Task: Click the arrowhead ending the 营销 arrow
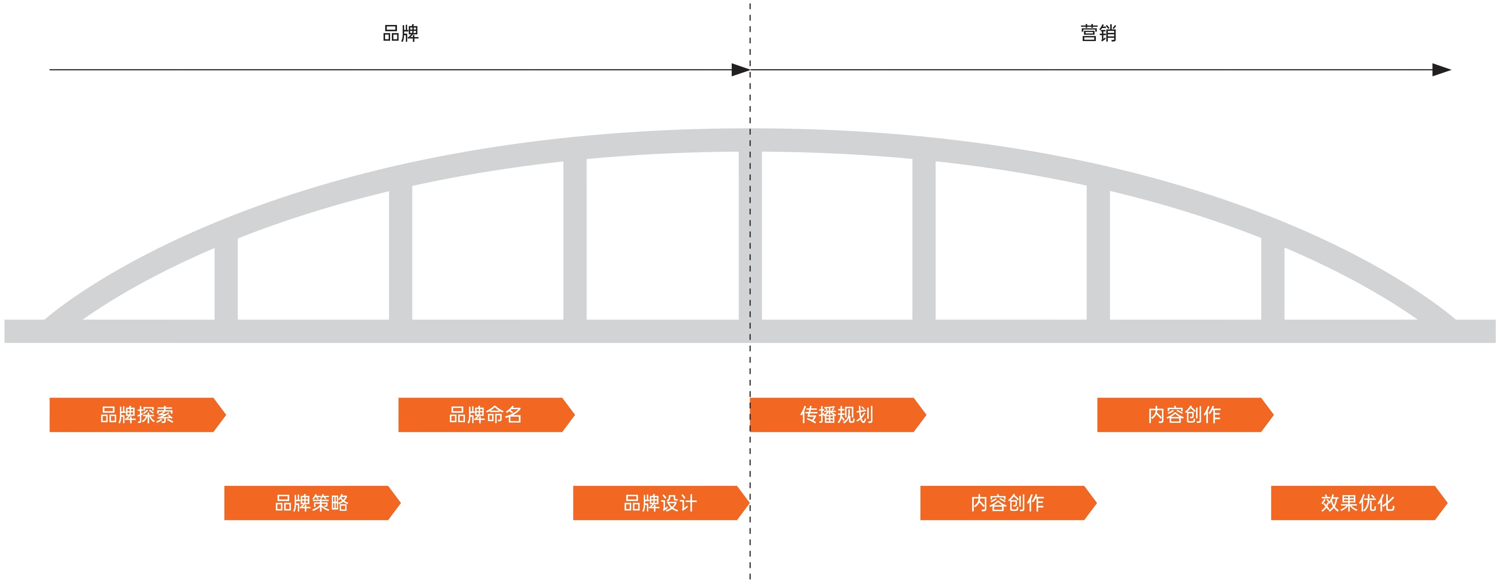coord(1442,70)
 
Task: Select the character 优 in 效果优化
coord(1367,503)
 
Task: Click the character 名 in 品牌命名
coord(513,415)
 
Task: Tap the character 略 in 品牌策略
coord(339,503)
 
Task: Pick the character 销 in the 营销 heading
coord(1107,33)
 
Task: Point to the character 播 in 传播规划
coord(827,415)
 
